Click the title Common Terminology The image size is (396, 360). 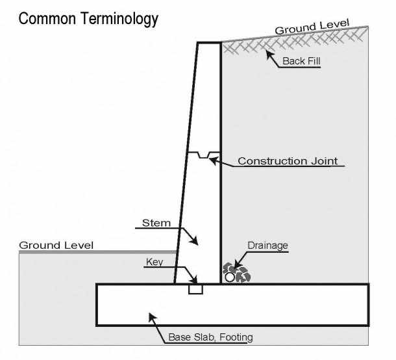coord(88,19)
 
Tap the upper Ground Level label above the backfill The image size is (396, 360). coord(312,27)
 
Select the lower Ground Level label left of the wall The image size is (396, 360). coord(56,246)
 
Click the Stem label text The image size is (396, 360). coord(156,223)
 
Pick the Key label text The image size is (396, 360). coord(155,262)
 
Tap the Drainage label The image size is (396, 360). coord(267,246)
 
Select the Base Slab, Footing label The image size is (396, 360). coord(210,337)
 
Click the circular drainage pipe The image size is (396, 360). coord(230,277)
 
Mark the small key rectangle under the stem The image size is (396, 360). coord(195,289)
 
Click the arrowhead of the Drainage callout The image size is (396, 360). coord(236,266)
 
